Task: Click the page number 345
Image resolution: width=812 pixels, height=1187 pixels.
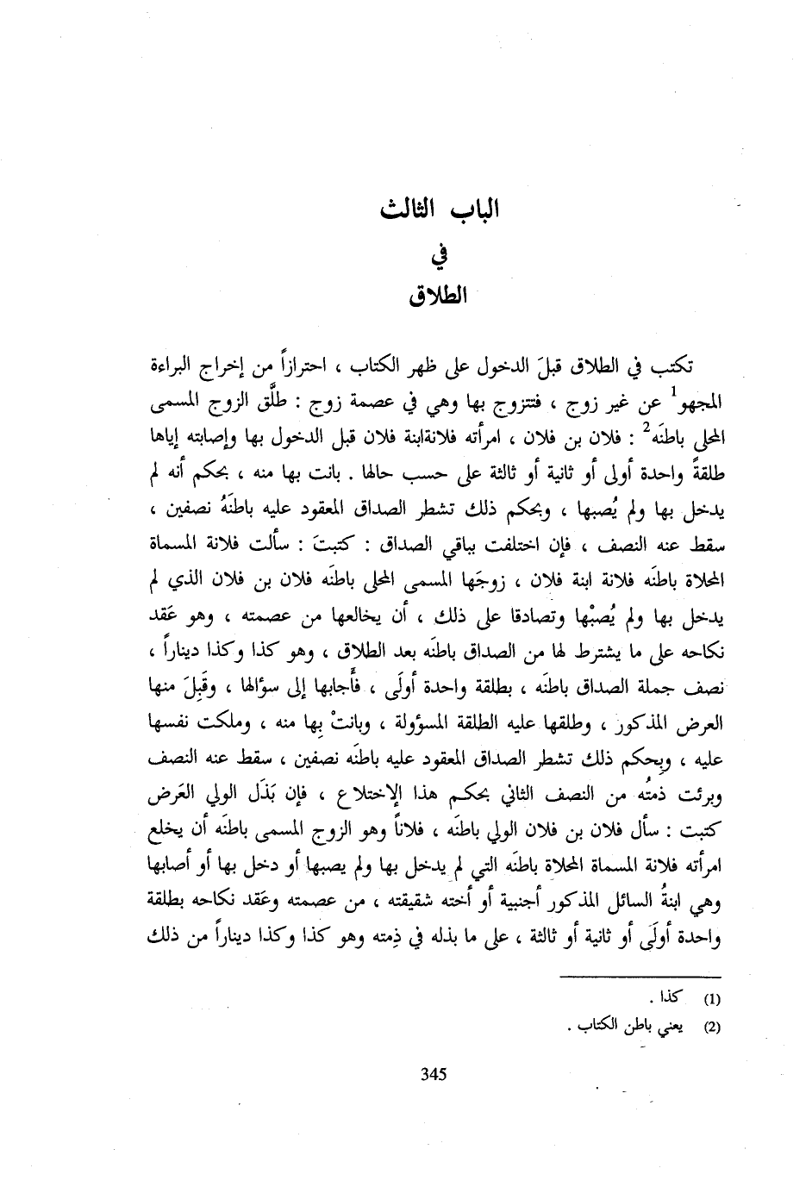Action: pyautogui.click(x=431, y=1073)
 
